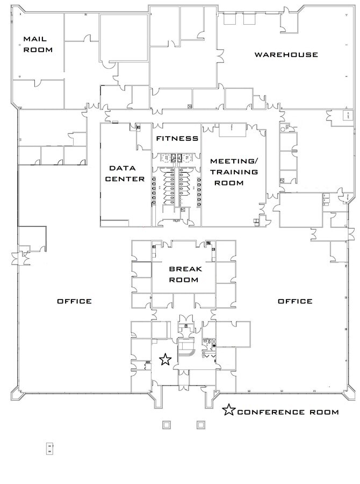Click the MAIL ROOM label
click(x=37, y=44)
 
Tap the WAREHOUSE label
click(x=286, y=55)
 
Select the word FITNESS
click(x=177, y=139)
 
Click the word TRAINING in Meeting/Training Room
click(x=234, y=172)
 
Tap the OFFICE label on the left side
click(x=74, y=301)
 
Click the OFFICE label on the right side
click(x=294, y=301)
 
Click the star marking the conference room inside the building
click(x=166, y=359)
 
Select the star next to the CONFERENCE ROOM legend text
click(x=229, y=411)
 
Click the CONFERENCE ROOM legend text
click(x=288, y=412)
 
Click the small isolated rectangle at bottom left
click(x=49, y=447)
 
